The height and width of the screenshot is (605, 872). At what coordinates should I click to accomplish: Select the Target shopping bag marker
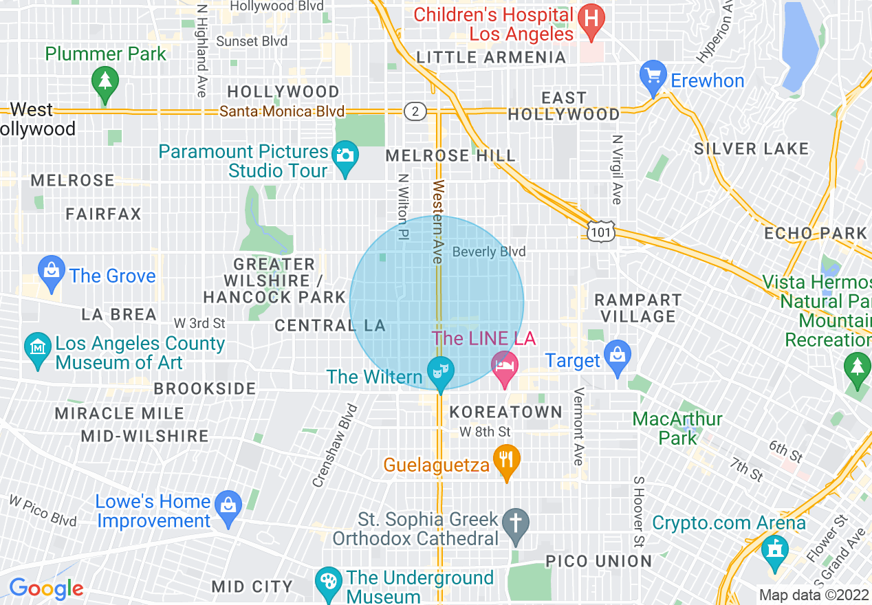(x=618, y=355)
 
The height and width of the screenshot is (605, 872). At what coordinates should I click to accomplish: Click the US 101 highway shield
(x=600, y=233)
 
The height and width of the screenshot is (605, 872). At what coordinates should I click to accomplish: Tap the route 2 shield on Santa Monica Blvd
(x=415, y=111)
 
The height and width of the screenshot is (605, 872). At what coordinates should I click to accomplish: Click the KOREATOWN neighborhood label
(x=505, y=412)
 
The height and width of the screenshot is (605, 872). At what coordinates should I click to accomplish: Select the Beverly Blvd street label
(x=488, y=252)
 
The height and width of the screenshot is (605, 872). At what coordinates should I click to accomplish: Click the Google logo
(x=47, y=588)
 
